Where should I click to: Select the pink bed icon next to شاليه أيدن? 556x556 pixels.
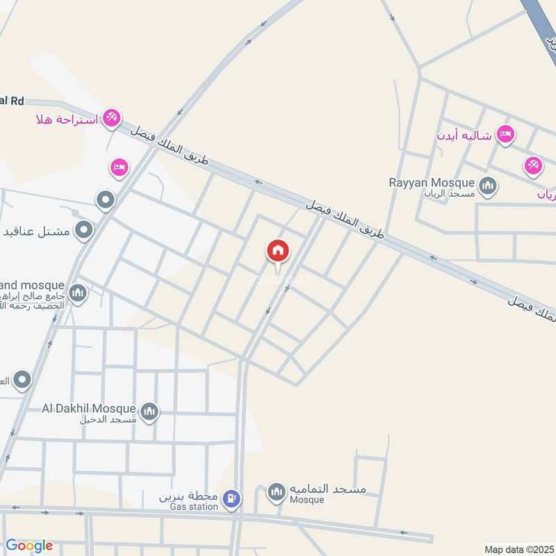pos(505,134)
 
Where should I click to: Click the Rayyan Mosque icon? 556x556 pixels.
pos(489,186)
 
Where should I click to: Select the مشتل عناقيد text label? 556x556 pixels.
pos(35,229)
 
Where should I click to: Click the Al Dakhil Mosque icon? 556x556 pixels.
pos(149,412)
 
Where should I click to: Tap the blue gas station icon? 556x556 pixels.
pos(233,498)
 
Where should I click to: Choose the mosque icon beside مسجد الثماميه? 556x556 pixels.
pos(277,492)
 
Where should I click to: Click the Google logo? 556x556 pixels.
pos(29,546)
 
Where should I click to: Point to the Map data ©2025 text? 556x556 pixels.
pos(518,550)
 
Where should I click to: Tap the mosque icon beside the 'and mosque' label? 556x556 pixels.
pos(78,293)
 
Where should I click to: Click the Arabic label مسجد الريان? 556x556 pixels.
pos(450,194)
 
